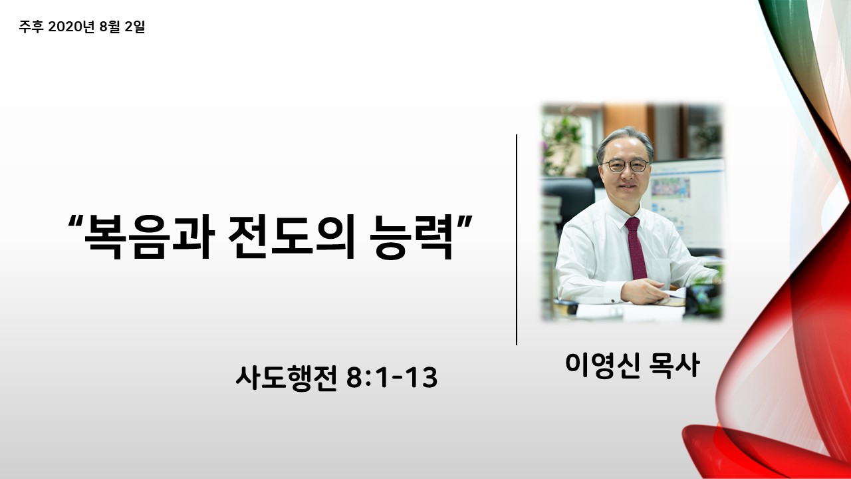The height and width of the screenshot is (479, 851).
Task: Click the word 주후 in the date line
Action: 31,27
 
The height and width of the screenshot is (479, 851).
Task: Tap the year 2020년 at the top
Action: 71,27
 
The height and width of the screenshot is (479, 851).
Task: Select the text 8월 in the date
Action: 110,27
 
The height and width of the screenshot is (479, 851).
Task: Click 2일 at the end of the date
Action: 135,27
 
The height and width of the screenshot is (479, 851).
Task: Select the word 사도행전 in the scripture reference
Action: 287,378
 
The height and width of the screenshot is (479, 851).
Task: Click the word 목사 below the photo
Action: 674,365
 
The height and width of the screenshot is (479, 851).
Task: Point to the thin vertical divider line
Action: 517,240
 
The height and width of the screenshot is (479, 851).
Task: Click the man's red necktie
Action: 636,248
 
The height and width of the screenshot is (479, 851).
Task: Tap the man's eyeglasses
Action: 626,166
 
